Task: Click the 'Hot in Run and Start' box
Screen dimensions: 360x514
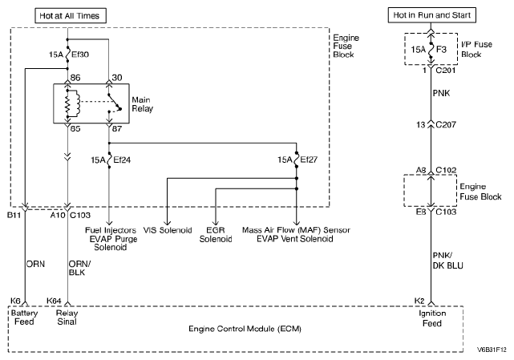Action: point(431,15)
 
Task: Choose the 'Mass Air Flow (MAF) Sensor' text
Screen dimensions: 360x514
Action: point(295,230)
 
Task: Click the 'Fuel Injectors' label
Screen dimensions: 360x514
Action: point(110,230)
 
